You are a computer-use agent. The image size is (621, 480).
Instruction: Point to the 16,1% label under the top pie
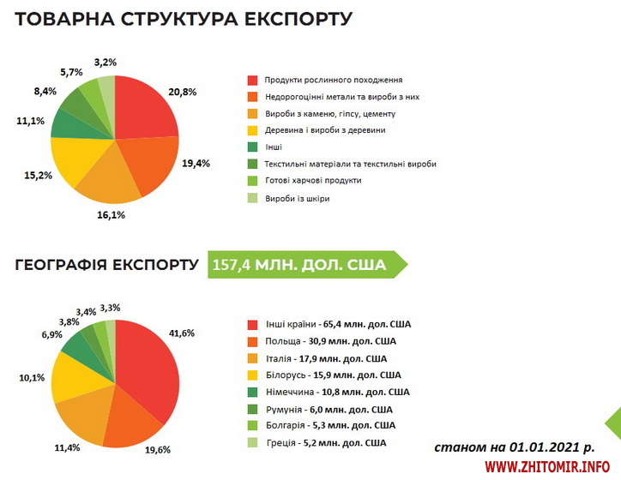click(x=112, y=215)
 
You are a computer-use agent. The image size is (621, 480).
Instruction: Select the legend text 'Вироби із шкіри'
click(x=297, y=198)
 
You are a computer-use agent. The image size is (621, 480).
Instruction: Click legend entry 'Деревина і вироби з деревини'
click(x=325, y=130)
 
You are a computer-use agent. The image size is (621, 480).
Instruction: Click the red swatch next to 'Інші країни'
click(x=253, y=325)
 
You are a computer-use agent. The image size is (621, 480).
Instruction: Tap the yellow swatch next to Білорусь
click(x=253, y=375)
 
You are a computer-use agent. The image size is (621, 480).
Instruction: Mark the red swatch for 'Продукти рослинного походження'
click(x=252, y=79)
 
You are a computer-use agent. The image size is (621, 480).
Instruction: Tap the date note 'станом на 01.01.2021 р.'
click(x=515, y=447)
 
